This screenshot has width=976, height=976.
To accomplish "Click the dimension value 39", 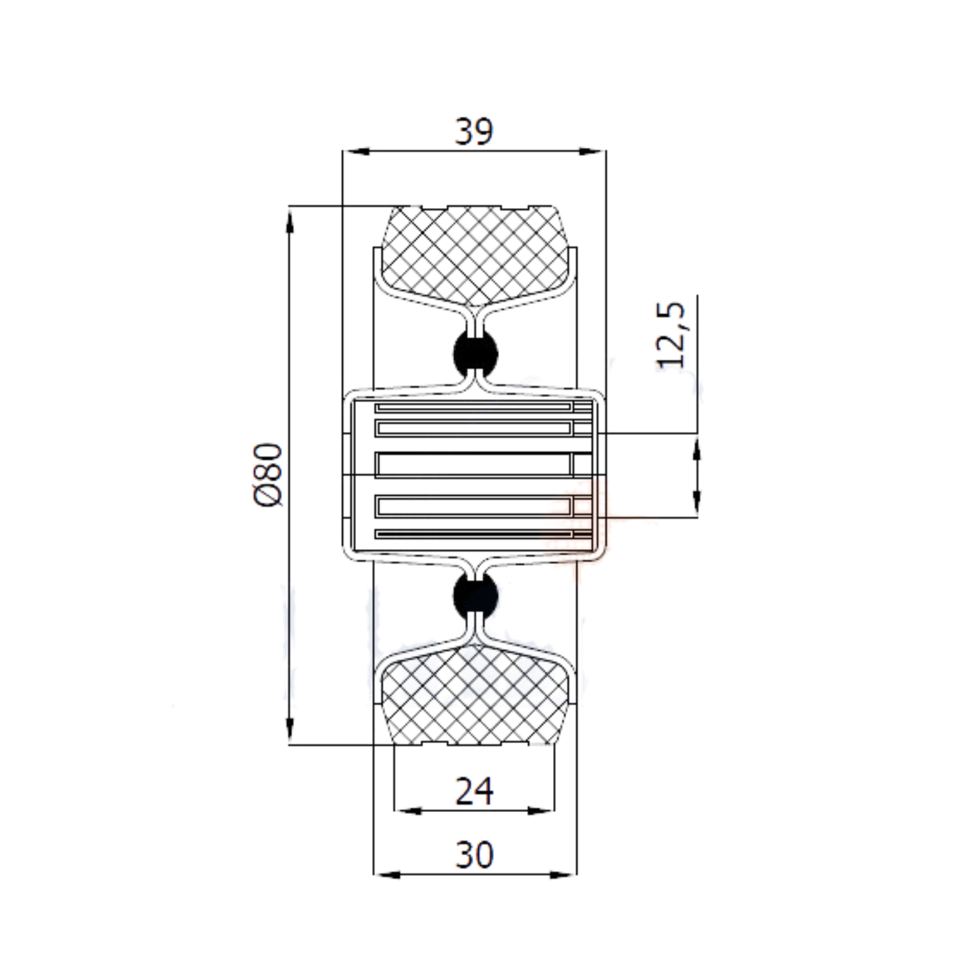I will pos(474,131).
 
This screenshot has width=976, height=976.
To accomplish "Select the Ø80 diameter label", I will pos(268,475).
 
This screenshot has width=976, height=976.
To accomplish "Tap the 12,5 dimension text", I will pos(671,336).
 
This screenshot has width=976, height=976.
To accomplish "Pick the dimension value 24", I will pos(474,791).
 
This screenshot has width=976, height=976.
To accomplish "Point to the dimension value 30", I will pos(474,855).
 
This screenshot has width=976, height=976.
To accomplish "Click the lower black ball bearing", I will pos(476,596).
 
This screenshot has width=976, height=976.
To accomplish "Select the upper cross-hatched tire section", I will pos(474,253).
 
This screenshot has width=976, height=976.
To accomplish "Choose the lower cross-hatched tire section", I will pos(474,696).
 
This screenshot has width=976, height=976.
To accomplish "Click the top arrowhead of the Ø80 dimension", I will pos(290,220).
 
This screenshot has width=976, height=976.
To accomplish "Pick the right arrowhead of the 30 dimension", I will pos(565,875).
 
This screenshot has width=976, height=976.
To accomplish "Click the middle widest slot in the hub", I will pos(473,464).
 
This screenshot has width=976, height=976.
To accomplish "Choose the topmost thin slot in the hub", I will pos(473,407).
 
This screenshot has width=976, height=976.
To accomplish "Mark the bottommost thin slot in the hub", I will pos(473,534).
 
